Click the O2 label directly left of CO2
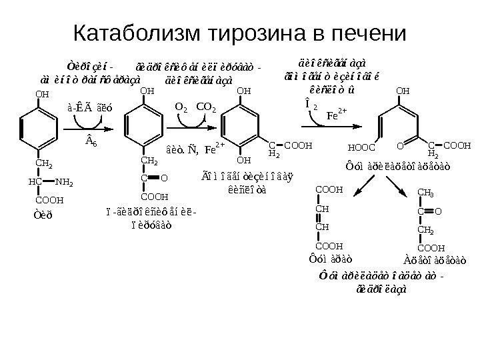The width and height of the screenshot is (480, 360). click(x=181, y=105)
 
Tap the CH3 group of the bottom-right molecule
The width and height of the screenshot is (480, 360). click(x=425, y=193)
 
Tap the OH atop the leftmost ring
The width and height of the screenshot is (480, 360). click(x=43, y=94)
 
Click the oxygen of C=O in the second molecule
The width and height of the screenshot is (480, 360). click(x=165, y=178)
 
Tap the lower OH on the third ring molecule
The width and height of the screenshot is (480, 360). click(x=244, y=160)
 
